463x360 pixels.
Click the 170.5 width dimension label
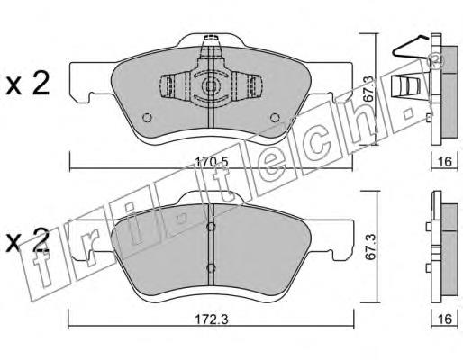212,162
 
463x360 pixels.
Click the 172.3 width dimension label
212,319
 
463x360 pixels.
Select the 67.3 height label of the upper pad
368,89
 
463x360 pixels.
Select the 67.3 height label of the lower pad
370,246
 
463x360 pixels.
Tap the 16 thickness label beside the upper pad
445,162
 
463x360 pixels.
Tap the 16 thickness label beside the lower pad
445,319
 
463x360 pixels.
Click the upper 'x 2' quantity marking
28,84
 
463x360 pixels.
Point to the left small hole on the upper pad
147,118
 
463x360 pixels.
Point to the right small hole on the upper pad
275,118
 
